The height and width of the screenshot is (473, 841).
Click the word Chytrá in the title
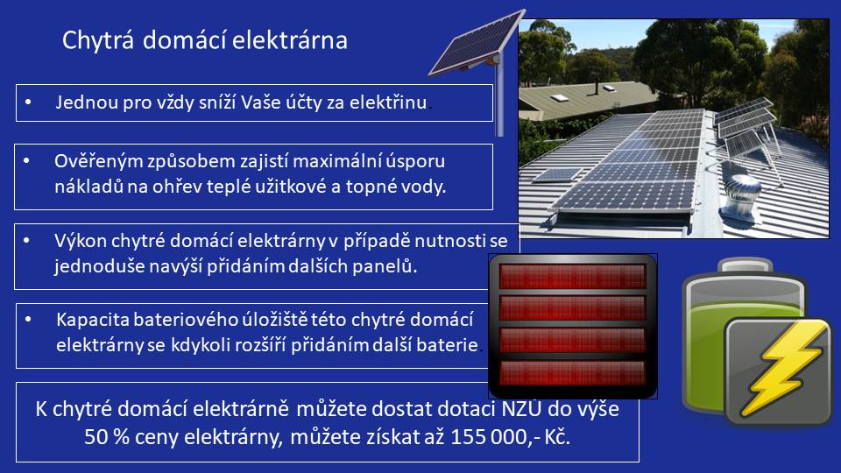pos(97,41)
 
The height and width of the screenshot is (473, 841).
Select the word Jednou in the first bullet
pos(87,102)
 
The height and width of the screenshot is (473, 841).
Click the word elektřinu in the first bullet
pos(388,102)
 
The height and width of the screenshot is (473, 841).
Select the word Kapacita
pos(92,320)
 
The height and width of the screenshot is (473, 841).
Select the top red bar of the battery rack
pos(572,276)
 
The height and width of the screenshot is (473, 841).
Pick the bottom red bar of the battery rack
pos(572,373)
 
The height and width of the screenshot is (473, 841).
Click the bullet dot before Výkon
pos(27,241)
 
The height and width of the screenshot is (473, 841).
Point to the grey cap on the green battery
pos(746,265)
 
